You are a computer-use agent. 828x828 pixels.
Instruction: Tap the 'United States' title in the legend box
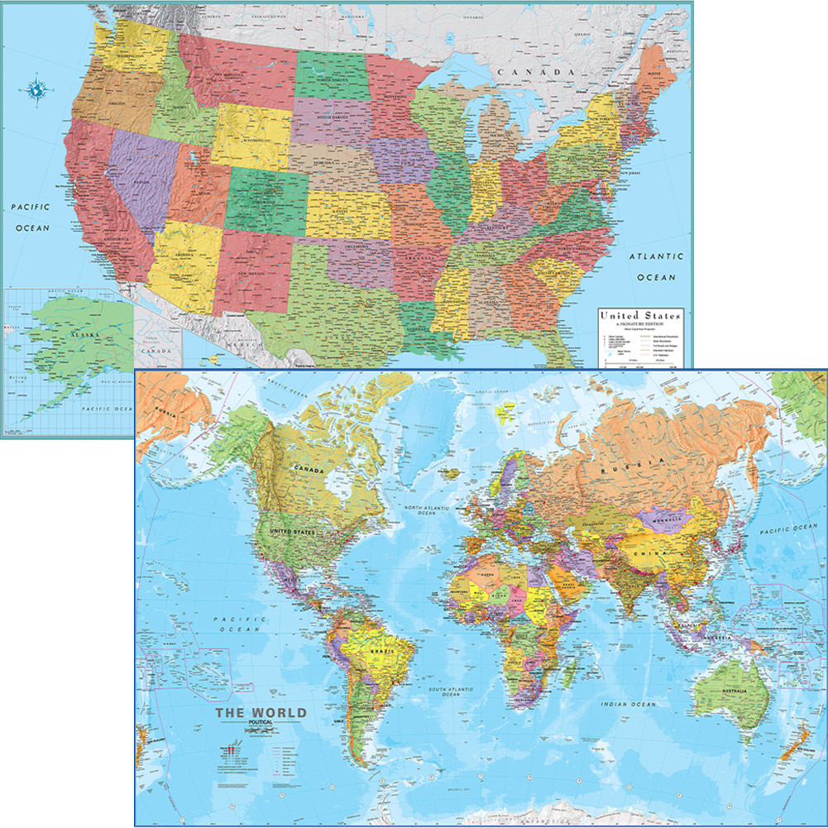coord(640,315)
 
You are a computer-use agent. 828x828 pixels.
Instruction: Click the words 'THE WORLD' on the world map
coord(261,712)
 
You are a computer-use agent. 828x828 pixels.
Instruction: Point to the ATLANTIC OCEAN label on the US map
coord(656,267)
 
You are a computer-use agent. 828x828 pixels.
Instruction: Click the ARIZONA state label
coord(183,255)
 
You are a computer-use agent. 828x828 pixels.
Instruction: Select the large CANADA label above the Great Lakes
coord(546,73)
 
